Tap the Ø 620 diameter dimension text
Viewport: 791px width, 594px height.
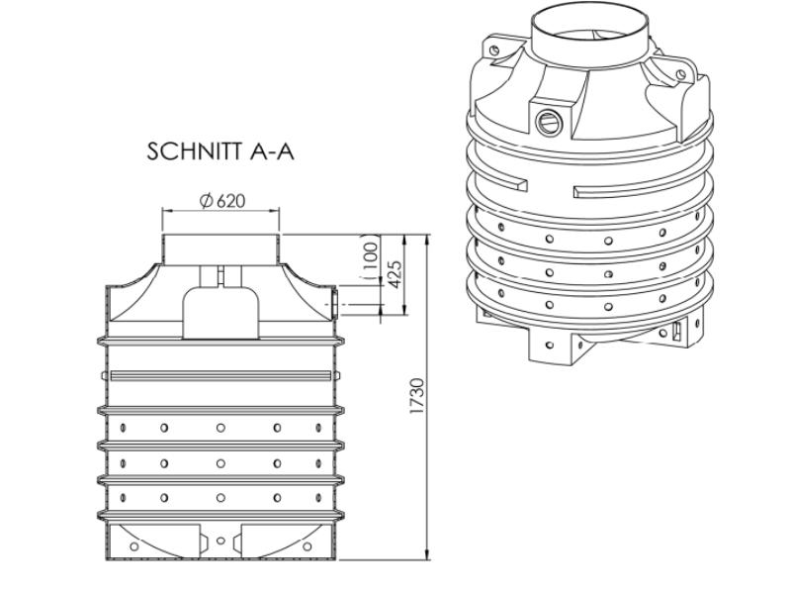tap(221, 201)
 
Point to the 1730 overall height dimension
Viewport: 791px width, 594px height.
tap(416, 396)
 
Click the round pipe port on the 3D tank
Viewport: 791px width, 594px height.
tap(547, 121)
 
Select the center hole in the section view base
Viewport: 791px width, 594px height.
tap(220, 541)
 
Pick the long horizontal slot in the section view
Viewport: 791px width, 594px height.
tap(220, 374)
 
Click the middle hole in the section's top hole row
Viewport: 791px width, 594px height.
tap(220, 428)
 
